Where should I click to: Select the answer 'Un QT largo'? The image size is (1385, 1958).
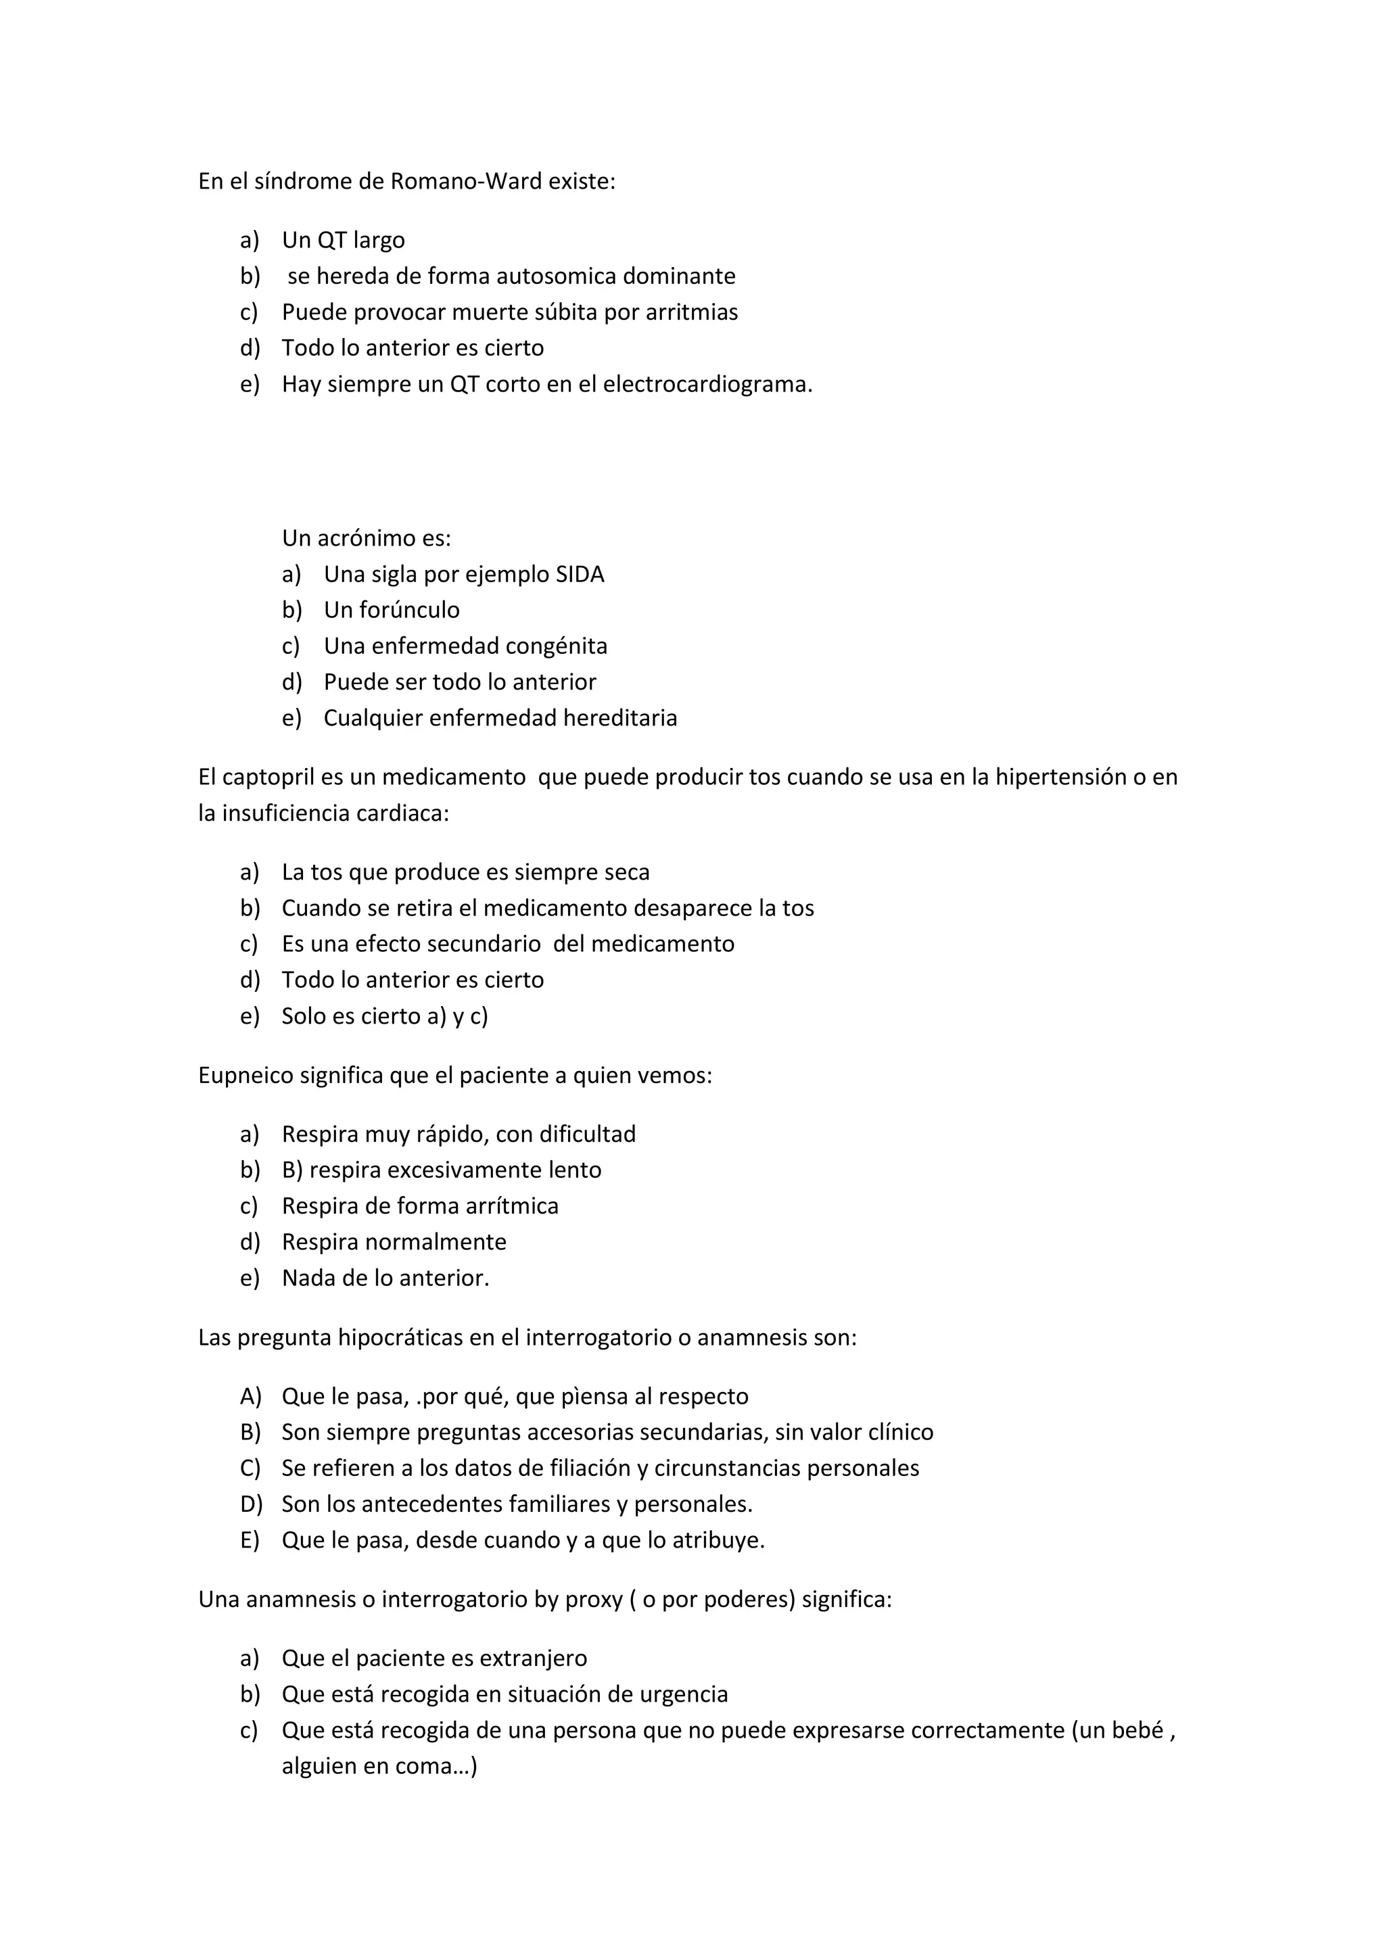(343, 241)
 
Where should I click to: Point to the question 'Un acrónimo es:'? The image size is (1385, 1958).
(366, 538)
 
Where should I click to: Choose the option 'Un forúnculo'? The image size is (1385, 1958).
(392, 611)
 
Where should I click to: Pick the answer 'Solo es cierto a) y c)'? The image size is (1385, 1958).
(385, 1016)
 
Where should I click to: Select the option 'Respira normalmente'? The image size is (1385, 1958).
(394, 1243)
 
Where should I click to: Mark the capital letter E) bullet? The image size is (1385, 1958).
(250, 1541)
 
